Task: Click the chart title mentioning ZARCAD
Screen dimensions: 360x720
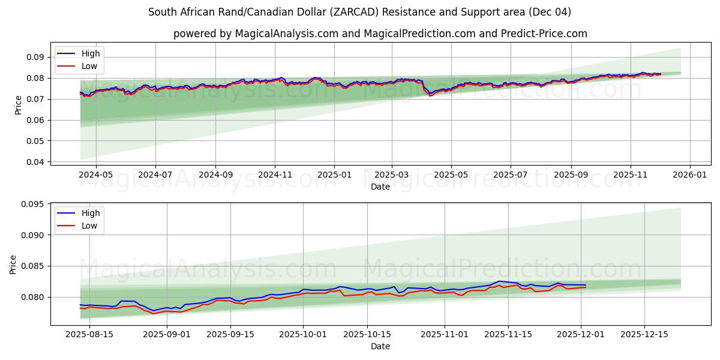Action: coord(359,12)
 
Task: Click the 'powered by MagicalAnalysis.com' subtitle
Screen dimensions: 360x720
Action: coord(380,34)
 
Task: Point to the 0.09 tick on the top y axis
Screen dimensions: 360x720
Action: coord(35,57)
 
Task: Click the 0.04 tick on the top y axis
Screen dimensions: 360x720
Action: coord(35,162)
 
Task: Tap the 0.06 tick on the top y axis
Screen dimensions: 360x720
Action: coord(35,120)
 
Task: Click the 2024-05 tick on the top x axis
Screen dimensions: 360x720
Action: coord(96,174)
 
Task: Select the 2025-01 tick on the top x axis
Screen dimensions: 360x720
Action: coord(334,174)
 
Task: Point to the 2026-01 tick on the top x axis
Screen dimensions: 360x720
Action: coord(689,174)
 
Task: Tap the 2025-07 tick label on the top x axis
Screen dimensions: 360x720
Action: coord(510,174)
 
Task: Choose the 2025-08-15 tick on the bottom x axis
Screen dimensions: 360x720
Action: coord(89,334)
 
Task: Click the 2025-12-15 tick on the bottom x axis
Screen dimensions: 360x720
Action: coord(644,334)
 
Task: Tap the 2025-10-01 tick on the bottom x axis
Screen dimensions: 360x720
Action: coord(303,334)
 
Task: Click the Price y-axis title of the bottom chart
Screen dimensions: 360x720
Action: coord(13,264)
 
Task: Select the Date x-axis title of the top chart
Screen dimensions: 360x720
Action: coord(380,187)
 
